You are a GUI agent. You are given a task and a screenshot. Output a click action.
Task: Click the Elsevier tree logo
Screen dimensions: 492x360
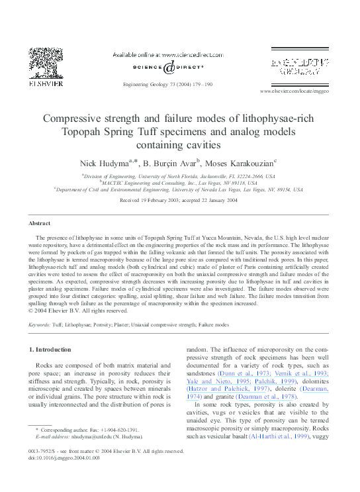(44, 64)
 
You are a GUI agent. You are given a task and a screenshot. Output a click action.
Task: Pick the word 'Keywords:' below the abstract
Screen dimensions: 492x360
(42, 325)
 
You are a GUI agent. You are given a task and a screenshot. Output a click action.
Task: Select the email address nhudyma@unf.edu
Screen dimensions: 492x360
(98, 437)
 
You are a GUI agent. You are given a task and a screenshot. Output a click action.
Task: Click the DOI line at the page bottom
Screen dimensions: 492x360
(64, 457)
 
